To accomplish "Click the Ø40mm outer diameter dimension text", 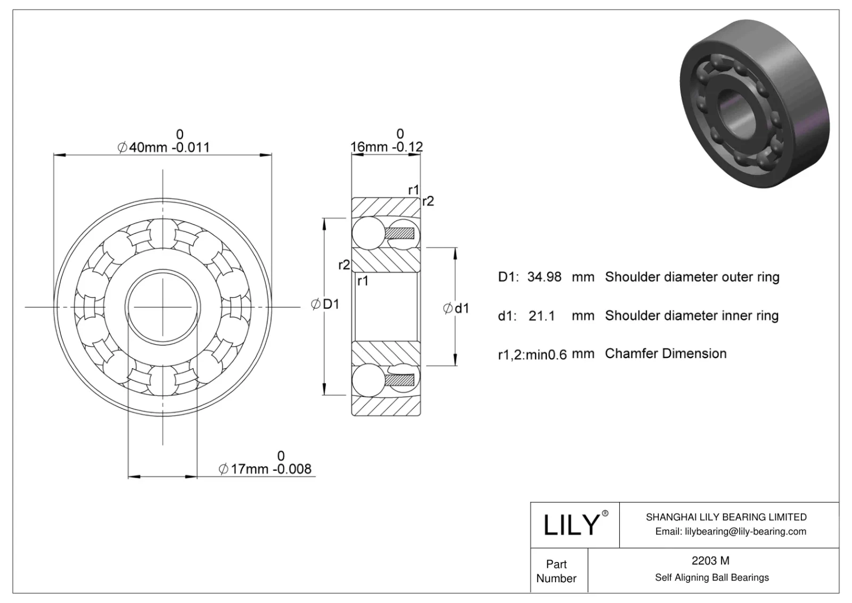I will pos(163,147).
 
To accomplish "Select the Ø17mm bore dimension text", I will pos(265,469).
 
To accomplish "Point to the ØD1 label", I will pos(325,304).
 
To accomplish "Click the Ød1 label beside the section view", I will pos(456,308).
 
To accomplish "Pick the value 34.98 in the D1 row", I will pos(544,277).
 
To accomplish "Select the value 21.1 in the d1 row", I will pos(542,316).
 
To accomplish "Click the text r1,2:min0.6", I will pos(532,354).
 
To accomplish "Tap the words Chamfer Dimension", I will pos(666,354).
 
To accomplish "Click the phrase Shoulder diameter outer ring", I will pos(692,277).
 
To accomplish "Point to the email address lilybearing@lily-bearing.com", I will pos(731,531).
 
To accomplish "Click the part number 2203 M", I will pos(710,560).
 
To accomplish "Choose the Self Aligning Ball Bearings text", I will pos(711,577).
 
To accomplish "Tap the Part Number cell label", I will pos(556,571).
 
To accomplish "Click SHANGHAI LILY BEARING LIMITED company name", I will pos(726,517).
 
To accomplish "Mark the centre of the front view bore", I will pos(162,307).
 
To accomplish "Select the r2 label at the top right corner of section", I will pos(428,201).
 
